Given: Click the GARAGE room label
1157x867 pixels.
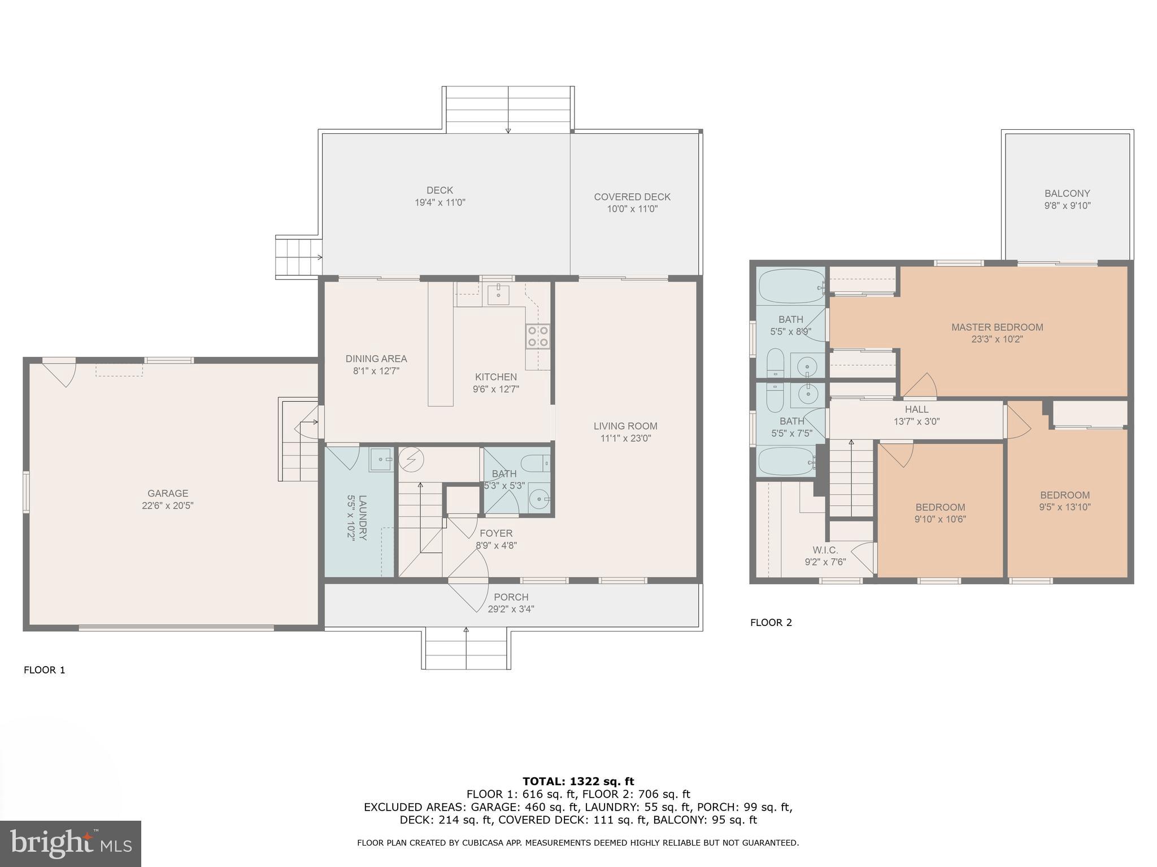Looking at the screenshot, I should pyautogui.click(x=168, y=493).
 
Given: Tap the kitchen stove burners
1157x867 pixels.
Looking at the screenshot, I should pyautogui.click(x=538, y=336).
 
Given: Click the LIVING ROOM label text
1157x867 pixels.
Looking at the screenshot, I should pyautogui.click(x=625, y=426).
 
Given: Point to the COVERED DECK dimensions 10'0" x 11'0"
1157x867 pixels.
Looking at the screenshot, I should pyautogui.click(x=632, y=209).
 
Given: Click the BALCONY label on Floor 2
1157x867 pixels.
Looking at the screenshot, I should pyautogui.click(x=1067, y=194).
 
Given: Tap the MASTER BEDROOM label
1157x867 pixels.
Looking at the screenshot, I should pyautogui.click(x=997, y=327).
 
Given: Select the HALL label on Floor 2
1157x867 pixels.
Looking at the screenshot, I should pyautogui.click(x=916, y=409).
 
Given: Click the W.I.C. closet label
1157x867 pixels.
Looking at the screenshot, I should pyautogui.click(x=825, y=550).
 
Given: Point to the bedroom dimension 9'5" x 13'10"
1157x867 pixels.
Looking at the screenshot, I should pyautogui.click(x=1064, y=507).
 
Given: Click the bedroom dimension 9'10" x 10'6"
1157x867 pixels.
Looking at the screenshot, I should pyautogui.click(x=940, y=519).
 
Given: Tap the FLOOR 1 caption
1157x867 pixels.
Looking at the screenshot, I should pyautogui.click(x=45, y=670).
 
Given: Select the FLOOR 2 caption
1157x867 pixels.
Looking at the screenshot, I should pyautogui.click(x=771, y=623).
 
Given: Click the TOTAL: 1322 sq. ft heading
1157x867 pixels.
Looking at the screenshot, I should pyautogui.click(x=578, y=782).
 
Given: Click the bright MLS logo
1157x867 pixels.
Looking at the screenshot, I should pyautogui.click(x=70, y=843).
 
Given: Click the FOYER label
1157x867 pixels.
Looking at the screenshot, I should pyautogui.click(x=496, y=533).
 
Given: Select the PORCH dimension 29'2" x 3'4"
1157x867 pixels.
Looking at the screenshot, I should pyautogui.click(x=511, y=609).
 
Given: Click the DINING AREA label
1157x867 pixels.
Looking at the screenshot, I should pyautogui.click(x=376, y=359).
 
